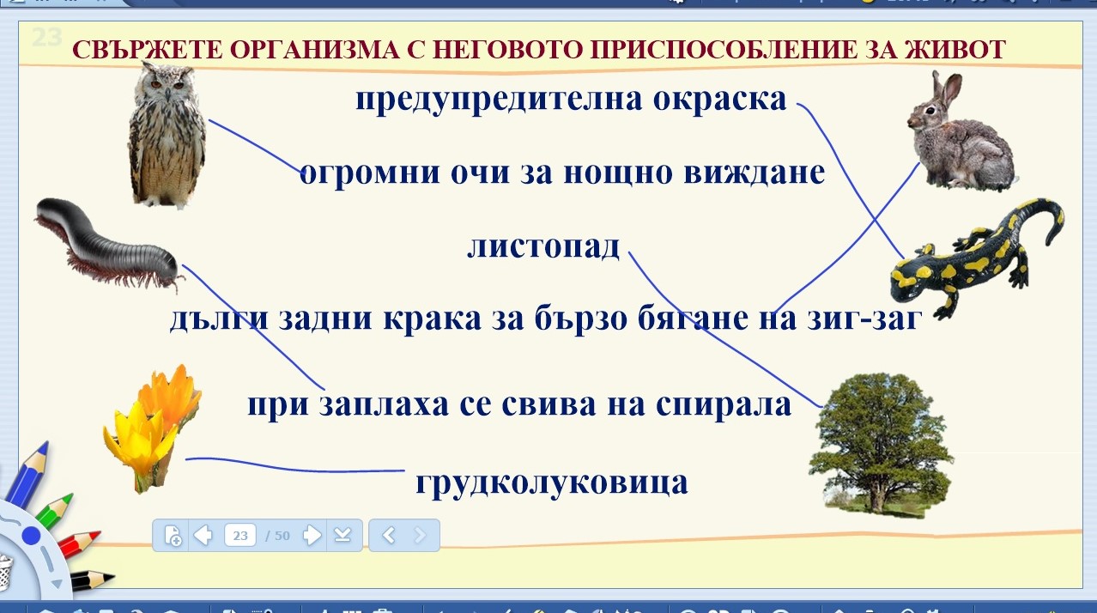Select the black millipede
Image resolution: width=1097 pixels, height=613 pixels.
pos(109,244)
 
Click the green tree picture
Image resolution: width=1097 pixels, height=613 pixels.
pos(880,445)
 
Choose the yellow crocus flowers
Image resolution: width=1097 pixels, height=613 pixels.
pos(152,428)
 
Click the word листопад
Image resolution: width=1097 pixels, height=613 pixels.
pos(543,246)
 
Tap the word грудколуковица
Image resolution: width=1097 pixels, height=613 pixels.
pos(551,483)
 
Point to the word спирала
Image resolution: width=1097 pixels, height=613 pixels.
pos(724,404)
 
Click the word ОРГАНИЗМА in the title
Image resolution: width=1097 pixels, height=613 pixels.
pos(314,50)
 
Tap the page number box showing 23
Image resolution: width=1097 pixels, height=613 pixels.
pos(240,535)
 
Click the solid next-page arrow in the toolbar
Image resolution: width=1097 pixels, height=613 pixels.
pos(312,535)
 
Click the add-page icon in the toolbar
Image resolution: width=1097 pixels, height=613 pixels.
pos(173,535)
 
